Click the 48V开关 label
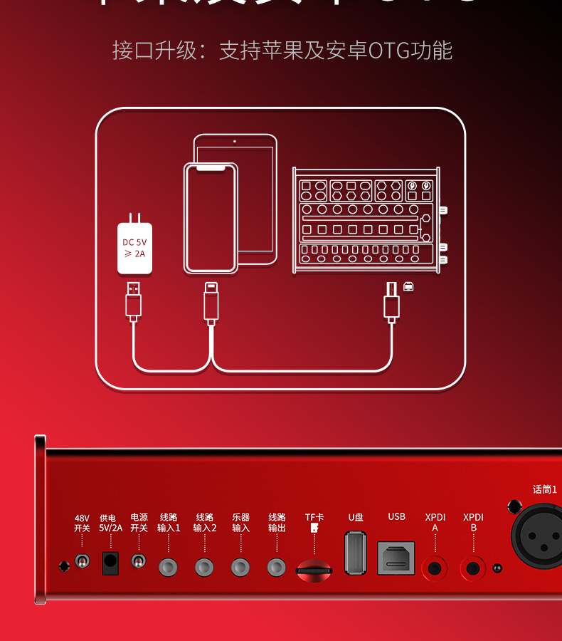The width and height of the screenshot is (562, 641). point(82,523)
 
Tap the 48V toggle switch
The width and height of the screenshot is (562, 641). point(83,562)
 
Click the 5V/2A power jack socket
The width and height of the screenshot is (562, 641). point(110,562)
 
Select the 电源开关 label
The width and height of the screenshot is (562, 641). point(139,523)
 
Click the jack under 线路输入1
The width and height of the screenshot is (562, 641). point(169,567)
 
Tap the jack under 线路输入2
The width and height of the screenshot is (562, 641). point(205,567)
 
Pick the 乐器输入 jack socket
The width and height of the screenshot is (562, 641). point(240,567)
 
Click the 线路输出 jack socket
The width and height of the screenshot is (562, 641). point(277,567)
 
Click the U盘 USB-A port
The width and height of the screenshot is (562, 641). point(356,553)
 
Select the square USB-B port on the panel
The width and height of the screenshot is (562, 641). point(396,558)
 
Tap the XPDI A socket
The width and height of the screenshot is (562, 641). point(435,568)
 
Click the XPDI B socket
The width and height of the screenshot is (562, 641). point(473,568)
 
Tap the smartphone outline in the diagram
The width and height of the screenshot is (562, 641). point(211,218)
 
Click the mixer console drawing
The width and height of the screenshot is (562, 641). point(366,220)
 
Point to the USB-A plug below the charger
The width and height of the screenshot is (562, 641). point(134,300)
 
